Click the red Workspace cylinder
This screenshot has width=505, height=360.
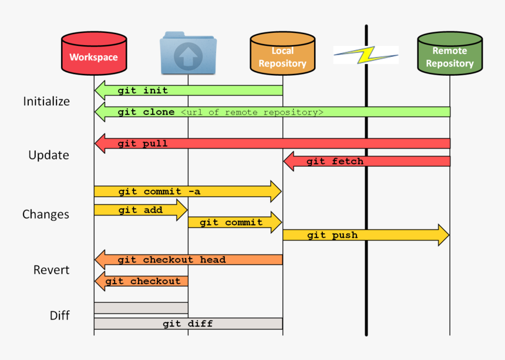click(94, 54)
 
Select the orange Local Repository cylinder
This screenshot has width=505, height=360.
click(282, 54)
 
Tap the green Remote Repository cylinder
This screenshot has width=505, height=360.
click(450, 54)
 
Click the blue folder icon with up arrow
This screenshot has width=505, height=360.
click(188, 55)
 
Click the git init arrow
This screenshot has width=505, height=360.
click(188, 90)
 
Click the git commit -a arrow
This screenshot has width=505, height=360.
click(188, 191)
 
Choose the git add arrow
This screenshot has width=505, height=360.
click(141, 210)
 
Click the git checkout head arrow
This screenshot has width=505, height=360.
click(188, 260)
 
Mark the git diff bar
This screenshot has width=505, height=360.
click(188, 324)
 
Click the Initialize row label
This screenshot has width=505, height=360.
click(46, 101)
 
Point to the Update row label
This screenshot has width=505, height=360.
click(49, 155)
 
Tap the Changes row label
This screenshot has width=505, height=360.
click(46, 214)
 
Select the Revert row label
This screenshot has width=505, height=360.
click(51, 270)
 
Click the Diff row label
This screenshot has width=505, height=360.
click(59, 315)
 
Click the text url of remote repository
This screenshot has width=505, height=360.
click(252, 112)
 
